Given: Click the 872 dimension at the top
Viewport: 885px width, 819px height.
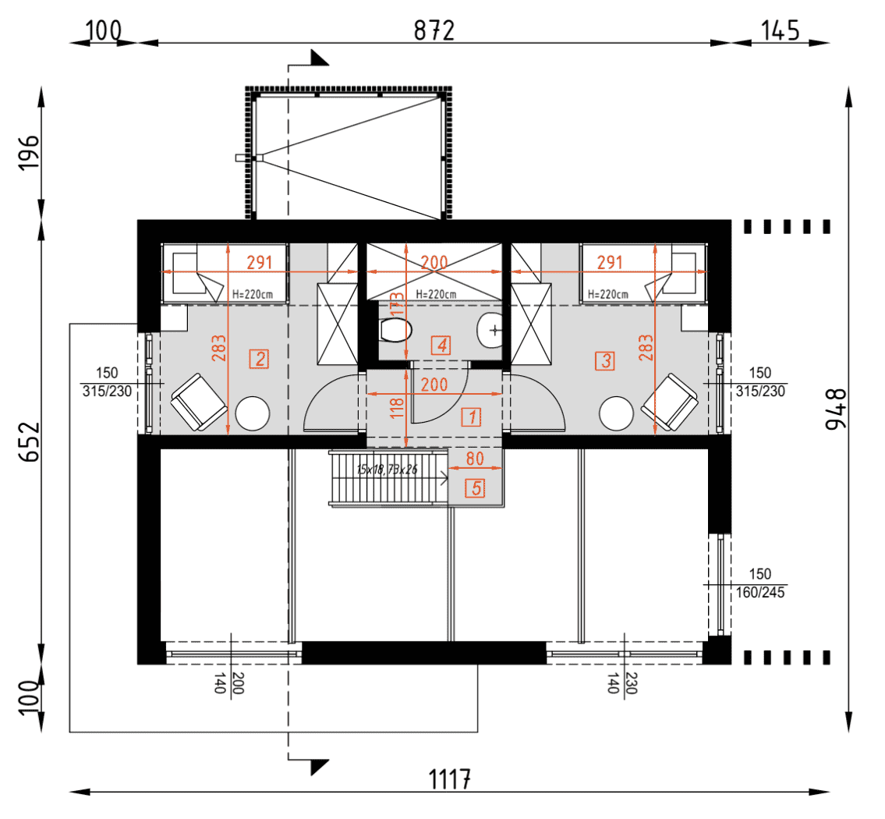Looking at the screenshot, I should (434, 30).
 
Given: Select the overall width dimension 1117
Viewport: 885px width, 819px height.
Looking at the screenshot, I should (450, 778).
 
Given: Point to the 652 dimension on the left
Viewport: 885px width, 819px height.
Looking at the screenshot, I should (30, 443).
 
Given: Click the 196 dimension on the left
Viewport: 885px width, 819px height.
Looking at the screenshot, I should (30, 154).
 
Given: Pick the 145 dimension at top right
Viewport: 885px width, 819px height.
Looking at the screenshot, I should (780, 30).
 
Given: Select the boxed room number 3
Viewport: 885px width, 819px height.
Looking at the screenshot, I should (604, 361).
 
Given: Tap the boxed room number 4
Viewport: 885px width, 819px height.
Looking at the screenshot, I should (442, 345).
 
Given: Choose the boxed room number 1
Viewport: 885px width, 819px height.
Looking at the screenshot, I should (470, 417).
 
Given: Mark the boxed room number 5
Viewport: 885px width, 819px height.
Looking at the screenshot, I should (475, 489).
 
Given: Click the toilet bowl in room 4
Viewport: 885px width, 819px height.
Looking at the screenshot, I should (395, 330).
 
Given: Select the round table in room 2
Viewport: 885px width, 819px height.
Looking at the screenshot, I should (253, 413).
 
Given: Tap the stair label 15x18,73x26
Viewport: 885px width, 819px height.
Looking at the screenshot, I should (387, 470).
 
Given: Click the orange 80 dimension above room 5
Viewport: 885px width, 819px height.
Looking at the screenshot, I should (475, 459).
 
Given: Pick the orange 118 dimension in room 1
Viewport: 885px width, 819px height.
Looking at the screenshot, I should (398, 407).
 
